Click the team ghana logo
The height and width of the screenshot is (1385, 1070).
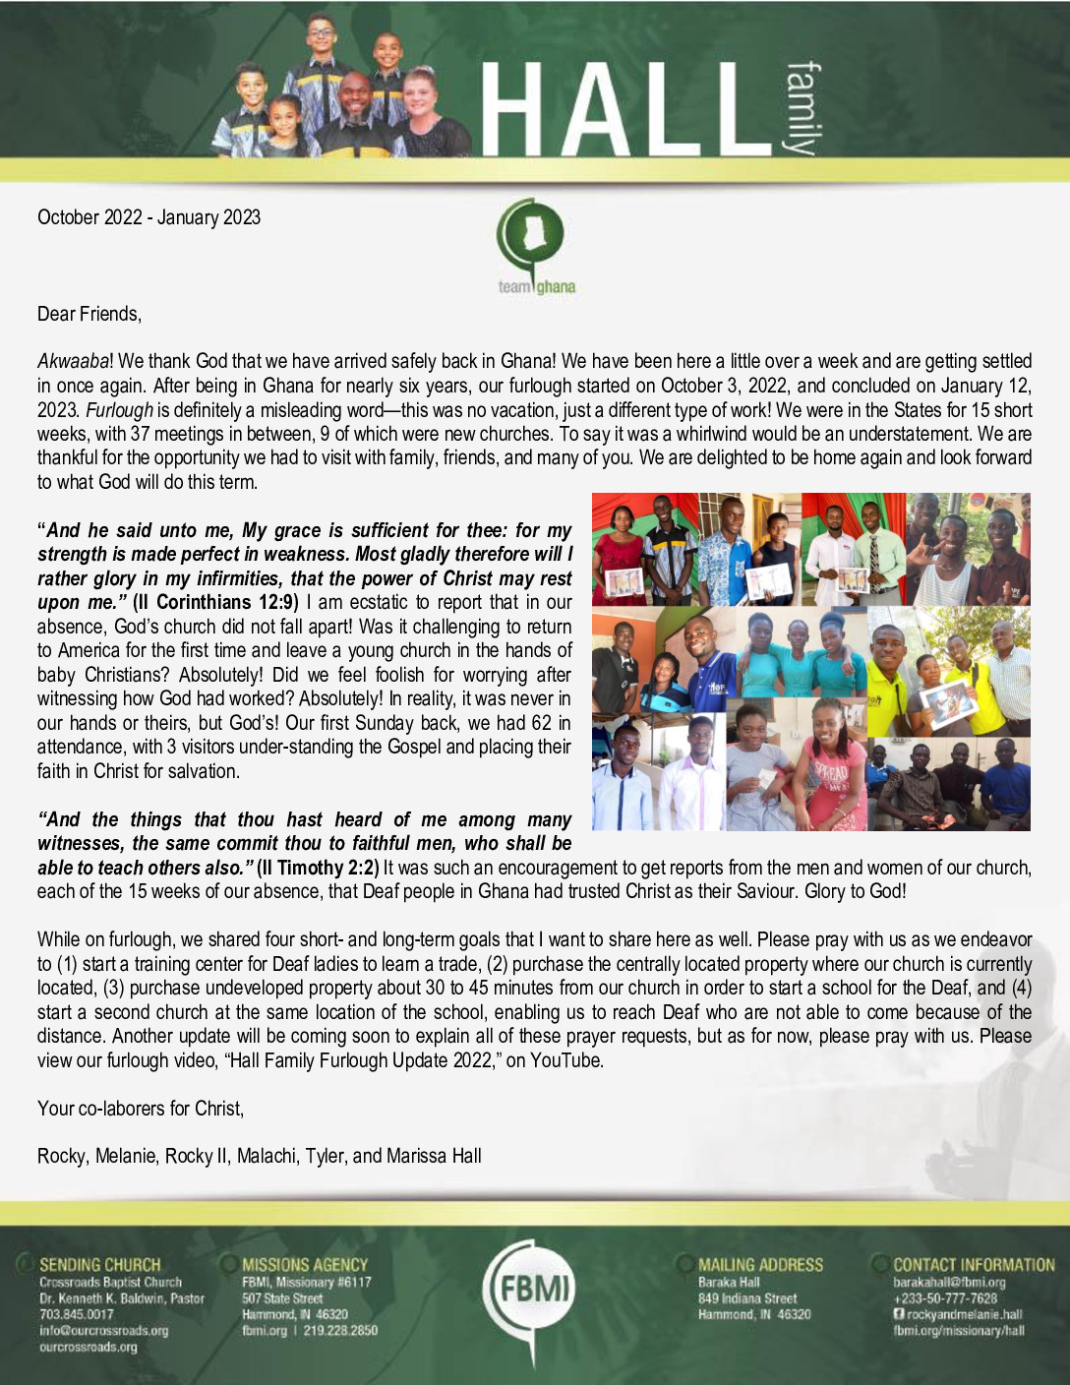pyautogui.click(x=535, y=247)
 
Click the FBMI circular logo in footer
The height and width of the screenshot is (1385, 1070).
pyautogui.click(x=533, y=1290)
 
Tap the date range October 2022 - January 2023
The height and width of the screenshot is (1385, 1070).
pyautogui.click(x=149, y=217)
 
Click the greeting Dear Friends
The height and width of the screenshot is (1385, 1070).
pyautogui.click(x=89, y=314)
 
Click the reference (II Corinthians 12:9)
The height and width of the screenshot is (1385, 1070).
pyautogui.click(x=215, y=602)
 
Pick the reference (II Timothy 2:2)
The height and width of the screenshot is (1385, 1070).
pyautogui.click(x=318, y=868)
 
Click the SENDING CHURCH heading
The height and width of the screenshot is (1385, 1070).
pyautogui.click(x=99, y=1265)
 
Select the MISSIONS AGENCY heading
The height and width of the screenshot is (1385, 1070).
pyautogui.click(x=305, y=1265)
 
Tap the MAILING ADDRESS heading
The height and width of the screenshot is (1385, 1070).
pyautogui.click(x=760, y=1265)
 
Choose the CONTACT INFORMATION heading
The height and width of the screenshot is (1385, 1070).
pyautogui.click(x=974, y=1265)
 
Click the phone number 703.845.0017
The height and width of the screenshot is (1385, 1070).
pyautogui.click(x=77, y=1314)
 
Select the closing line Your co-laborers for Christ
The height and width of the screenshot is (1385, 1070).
pyautogui.click(x=141, y=1109)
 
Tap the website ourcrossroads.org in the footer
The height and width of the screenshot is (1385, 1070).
pyautogui.click(x=88, y=1347)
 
